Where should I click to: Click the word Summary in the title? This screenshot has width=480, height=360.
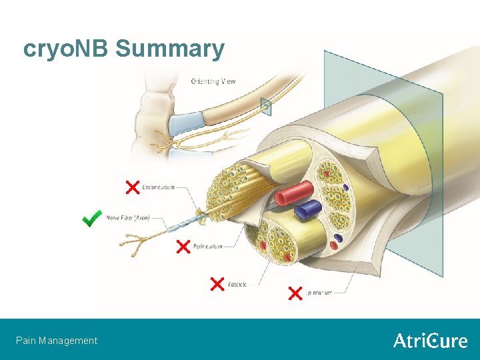[169, 49]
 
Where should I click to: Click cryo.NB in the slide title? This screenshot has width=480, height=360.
[66, 49]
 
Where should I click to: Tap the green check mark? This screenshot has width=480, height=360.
[92, 218]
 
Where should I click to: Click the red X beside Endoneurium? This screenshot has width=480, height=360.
[133, 187]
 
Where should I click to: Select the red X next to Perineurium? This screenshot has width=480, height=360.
[183, 247]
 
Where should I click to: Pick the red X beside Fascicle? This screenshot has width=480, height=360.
[217, 284]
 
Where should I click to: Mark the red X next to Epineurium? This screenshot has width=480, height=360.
[295, 293]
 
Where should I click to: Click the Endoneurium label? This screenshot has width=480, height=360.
[159, 187]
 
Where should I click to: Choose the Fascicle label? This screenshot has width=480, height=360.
[237, 284]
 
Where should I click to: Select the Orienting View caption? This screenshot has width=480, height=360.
[213, 81]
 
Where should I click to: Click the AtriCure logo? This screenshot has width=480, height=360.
[430, 341]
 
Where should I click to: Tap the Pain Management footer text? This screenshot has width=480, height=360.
[57, 341]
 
